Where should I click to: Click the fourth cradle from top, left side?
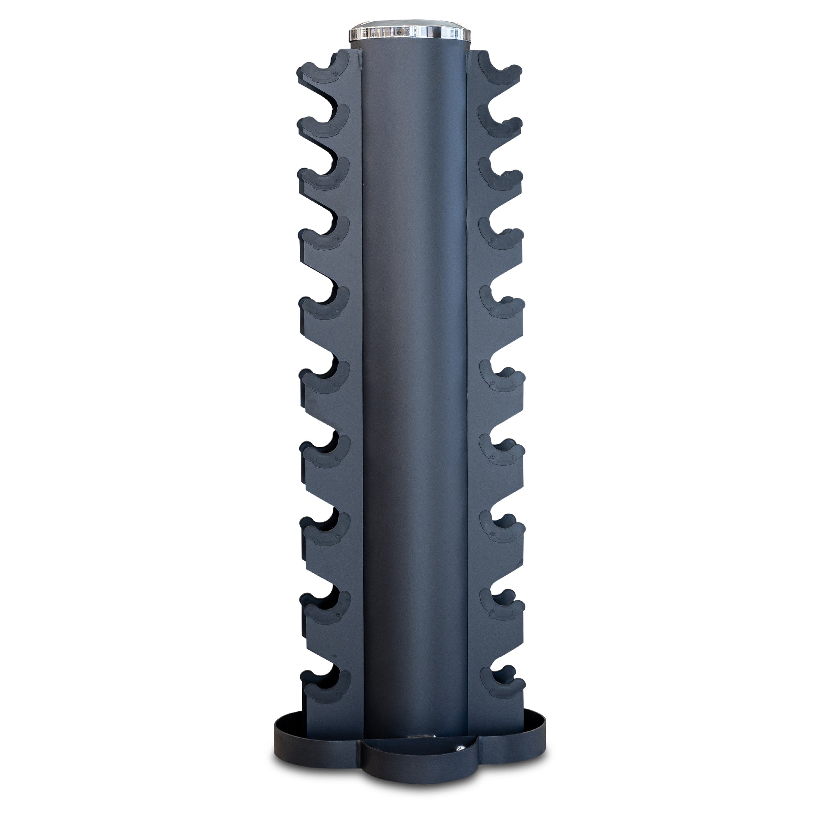(x=324, y=236)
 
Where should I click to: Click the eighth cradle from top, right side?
(x=503, y=530)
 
